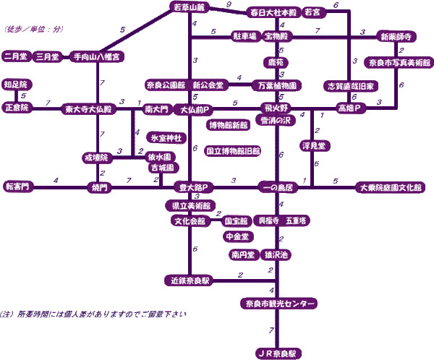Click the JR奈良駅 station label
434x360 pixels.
click(278, 353)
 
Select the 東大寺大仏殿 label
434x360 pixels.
click(88, 109)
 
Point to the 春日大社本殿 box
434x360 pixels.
click(273, 12)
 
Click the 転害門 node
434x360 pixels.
click(19, 187)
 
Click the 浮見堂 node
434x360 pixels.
click(315, 145)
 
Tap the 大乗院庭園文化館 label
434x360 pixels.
click(391, 187)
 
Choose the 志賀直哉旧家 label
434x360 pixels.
click(350, 85)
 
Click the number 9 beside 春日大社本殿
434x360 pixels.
click(229, 5)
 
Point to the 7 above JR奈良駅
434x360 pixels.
click(271, 330)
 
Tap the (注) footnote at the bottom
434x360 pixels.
click(94, 313)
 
